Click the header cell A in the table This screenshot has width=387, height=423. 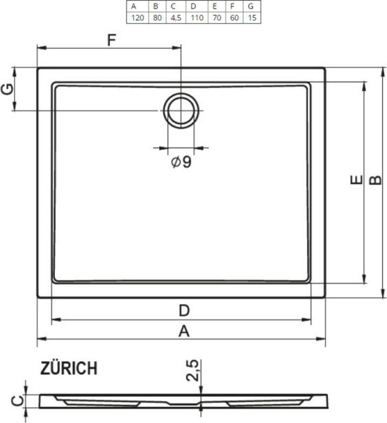click(x=135, y=6)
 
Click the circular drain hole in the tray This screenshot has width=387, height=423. click(x=182, y=111)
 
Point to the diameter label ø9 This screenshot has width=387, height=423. click(x=181, y=162)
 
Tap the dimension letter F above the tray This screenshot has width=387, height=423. click(x=111, y=40)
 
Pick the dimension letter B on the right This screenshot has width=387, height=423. click(x=376, y=181)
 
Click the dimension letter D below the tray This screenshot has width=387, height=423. click(x=183, y=309)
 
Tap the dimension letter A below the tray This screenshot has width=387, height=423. click(x=183, y=330)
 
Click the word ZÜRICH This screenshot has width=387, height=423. click(x=68, y=368)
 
